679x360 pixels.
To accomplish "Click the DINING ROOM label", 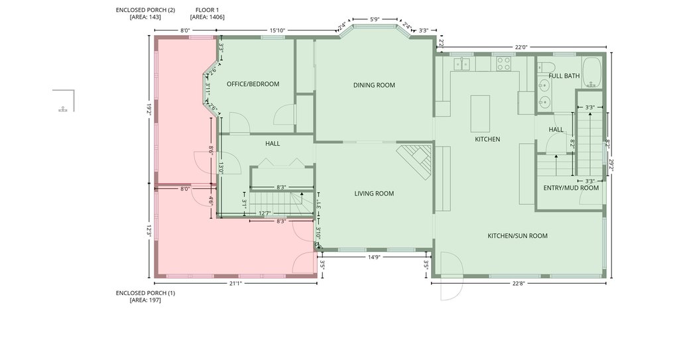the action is [374, 86].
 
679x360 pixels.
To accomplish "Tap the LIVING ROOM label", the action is [374, 194].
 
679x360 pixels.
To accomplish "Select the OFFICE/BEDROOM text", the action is [253, 84].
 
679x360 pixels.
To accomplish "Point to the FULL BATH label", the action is [564, 76].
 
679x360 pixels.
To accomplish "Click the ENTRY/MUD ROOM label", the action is [571, 188].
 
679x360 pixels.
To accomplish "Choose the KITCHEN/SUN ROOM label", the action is [517, 235].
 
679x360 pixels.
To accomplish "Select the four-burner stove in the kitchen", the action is [504, 64].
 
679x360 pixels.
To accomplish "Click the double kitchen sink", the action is [462, 64].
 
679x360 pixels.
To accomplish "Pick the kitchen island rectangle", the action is [480, 113].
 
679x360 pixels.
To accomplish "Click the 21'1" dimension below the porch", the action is [235, 284].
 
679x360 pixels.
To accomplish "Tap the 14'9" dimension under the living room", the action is [374, 257].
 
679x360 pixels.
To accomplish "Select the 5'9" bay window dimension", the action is [375, 19].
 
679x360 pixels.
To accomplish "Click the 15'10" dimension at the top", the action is [277, 30].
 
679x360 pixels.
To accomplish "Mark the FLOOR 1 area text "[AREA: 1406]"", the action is [207, 17].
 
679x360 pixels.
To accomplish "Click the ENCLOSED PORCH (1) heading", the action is [145, 293].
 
